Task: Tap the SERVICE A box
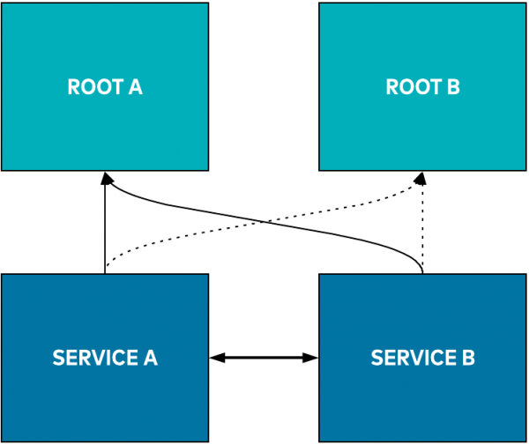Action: click(105, 388)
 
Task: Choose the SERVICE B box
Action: click(422, 388)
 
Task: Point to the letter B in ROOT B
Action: click(453, 87)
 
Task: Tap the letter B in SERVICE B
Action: click(468, 358)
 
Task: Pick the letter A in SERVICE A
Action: click(150, 358)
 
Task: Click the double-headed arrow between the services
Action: click(264, 358)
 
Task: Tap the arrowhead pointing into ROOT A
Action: click(105, 177)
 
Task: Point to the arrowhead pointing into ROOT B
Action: click(423, 177)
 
